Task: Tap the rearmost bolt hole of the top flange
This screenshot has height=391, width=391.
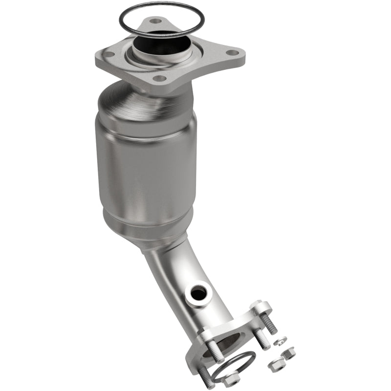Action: (x=156, y=22)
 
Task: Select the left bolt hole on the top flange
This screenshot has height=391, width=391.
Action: (x=110, y=54)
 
